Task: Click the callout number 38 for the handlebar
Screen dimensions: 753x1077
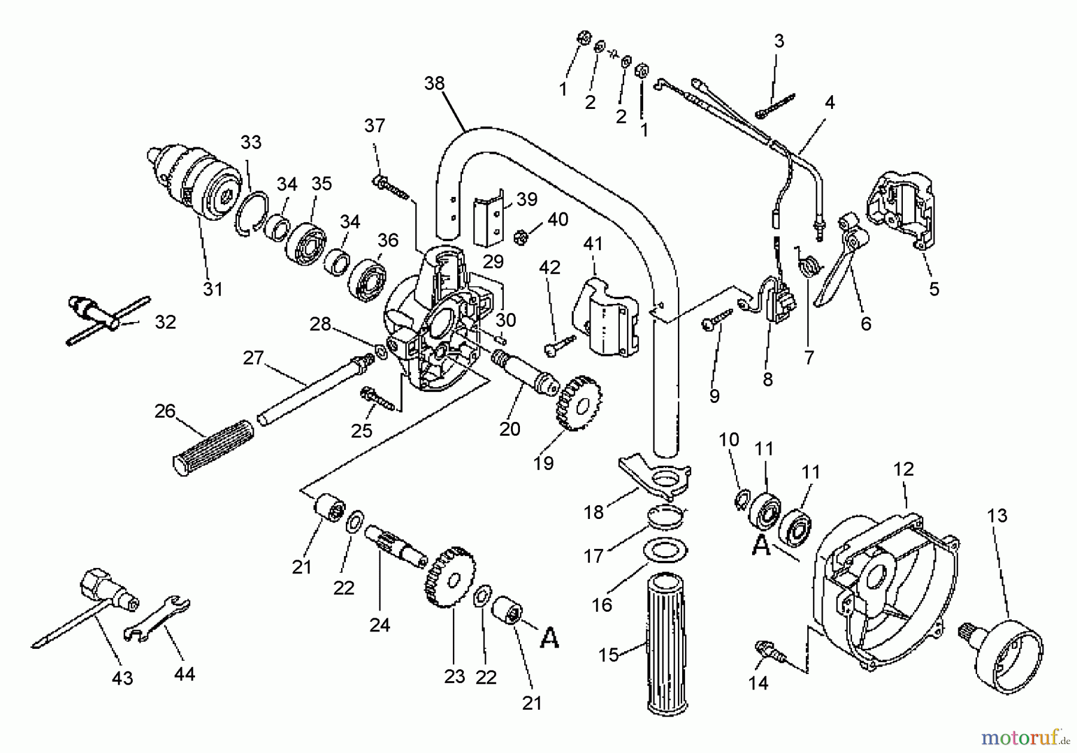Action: (434, 83)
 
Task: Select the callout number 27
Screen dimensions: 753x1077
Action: (253, 358)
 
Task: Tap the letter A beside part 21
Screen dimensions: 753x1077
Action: (549, 638)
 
